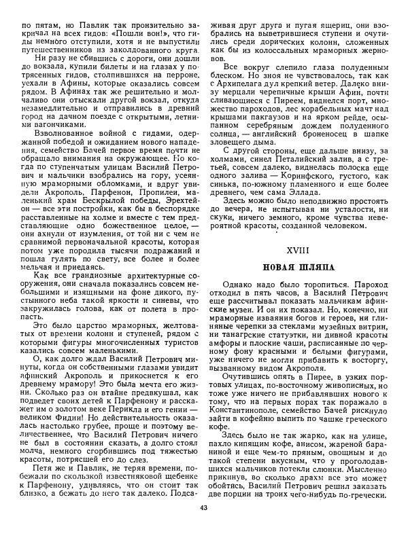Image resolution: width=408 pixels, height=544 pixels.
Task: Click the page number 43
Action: (204, 527)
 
